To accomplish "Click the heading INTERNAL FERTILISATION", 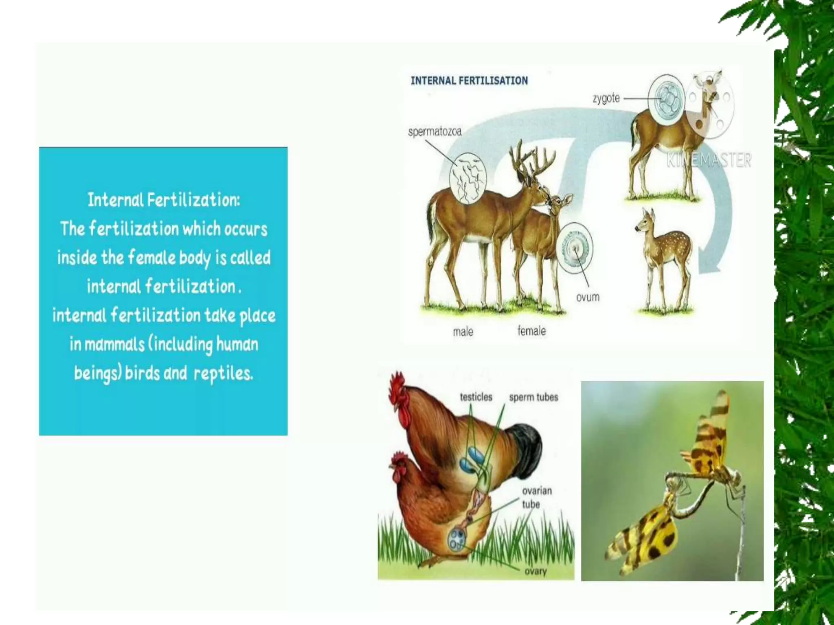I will [469, 81].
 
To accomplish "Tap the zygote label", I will [606, 98].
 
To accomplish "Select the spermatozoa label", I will [435, 131].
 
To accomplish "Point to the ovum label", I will [588, 297].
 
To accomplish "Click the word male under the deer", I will [463, 332].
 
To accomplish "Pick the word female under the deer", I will [531, 331].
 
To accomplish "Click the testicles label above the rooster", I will [476, 397].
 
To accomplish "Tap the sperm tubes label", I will [533, 397].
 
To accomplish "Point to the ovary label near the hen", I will [536, 571].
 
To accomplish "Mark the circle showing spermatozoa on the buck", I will [468, 178].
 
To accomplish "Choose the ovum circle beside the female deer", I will [575, 247].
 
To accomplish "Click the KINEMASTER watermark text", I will [709, 160].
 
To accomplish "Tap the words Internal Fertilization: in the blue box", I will [164, 200].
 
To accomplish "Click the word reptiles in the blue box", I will [223, 373].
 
